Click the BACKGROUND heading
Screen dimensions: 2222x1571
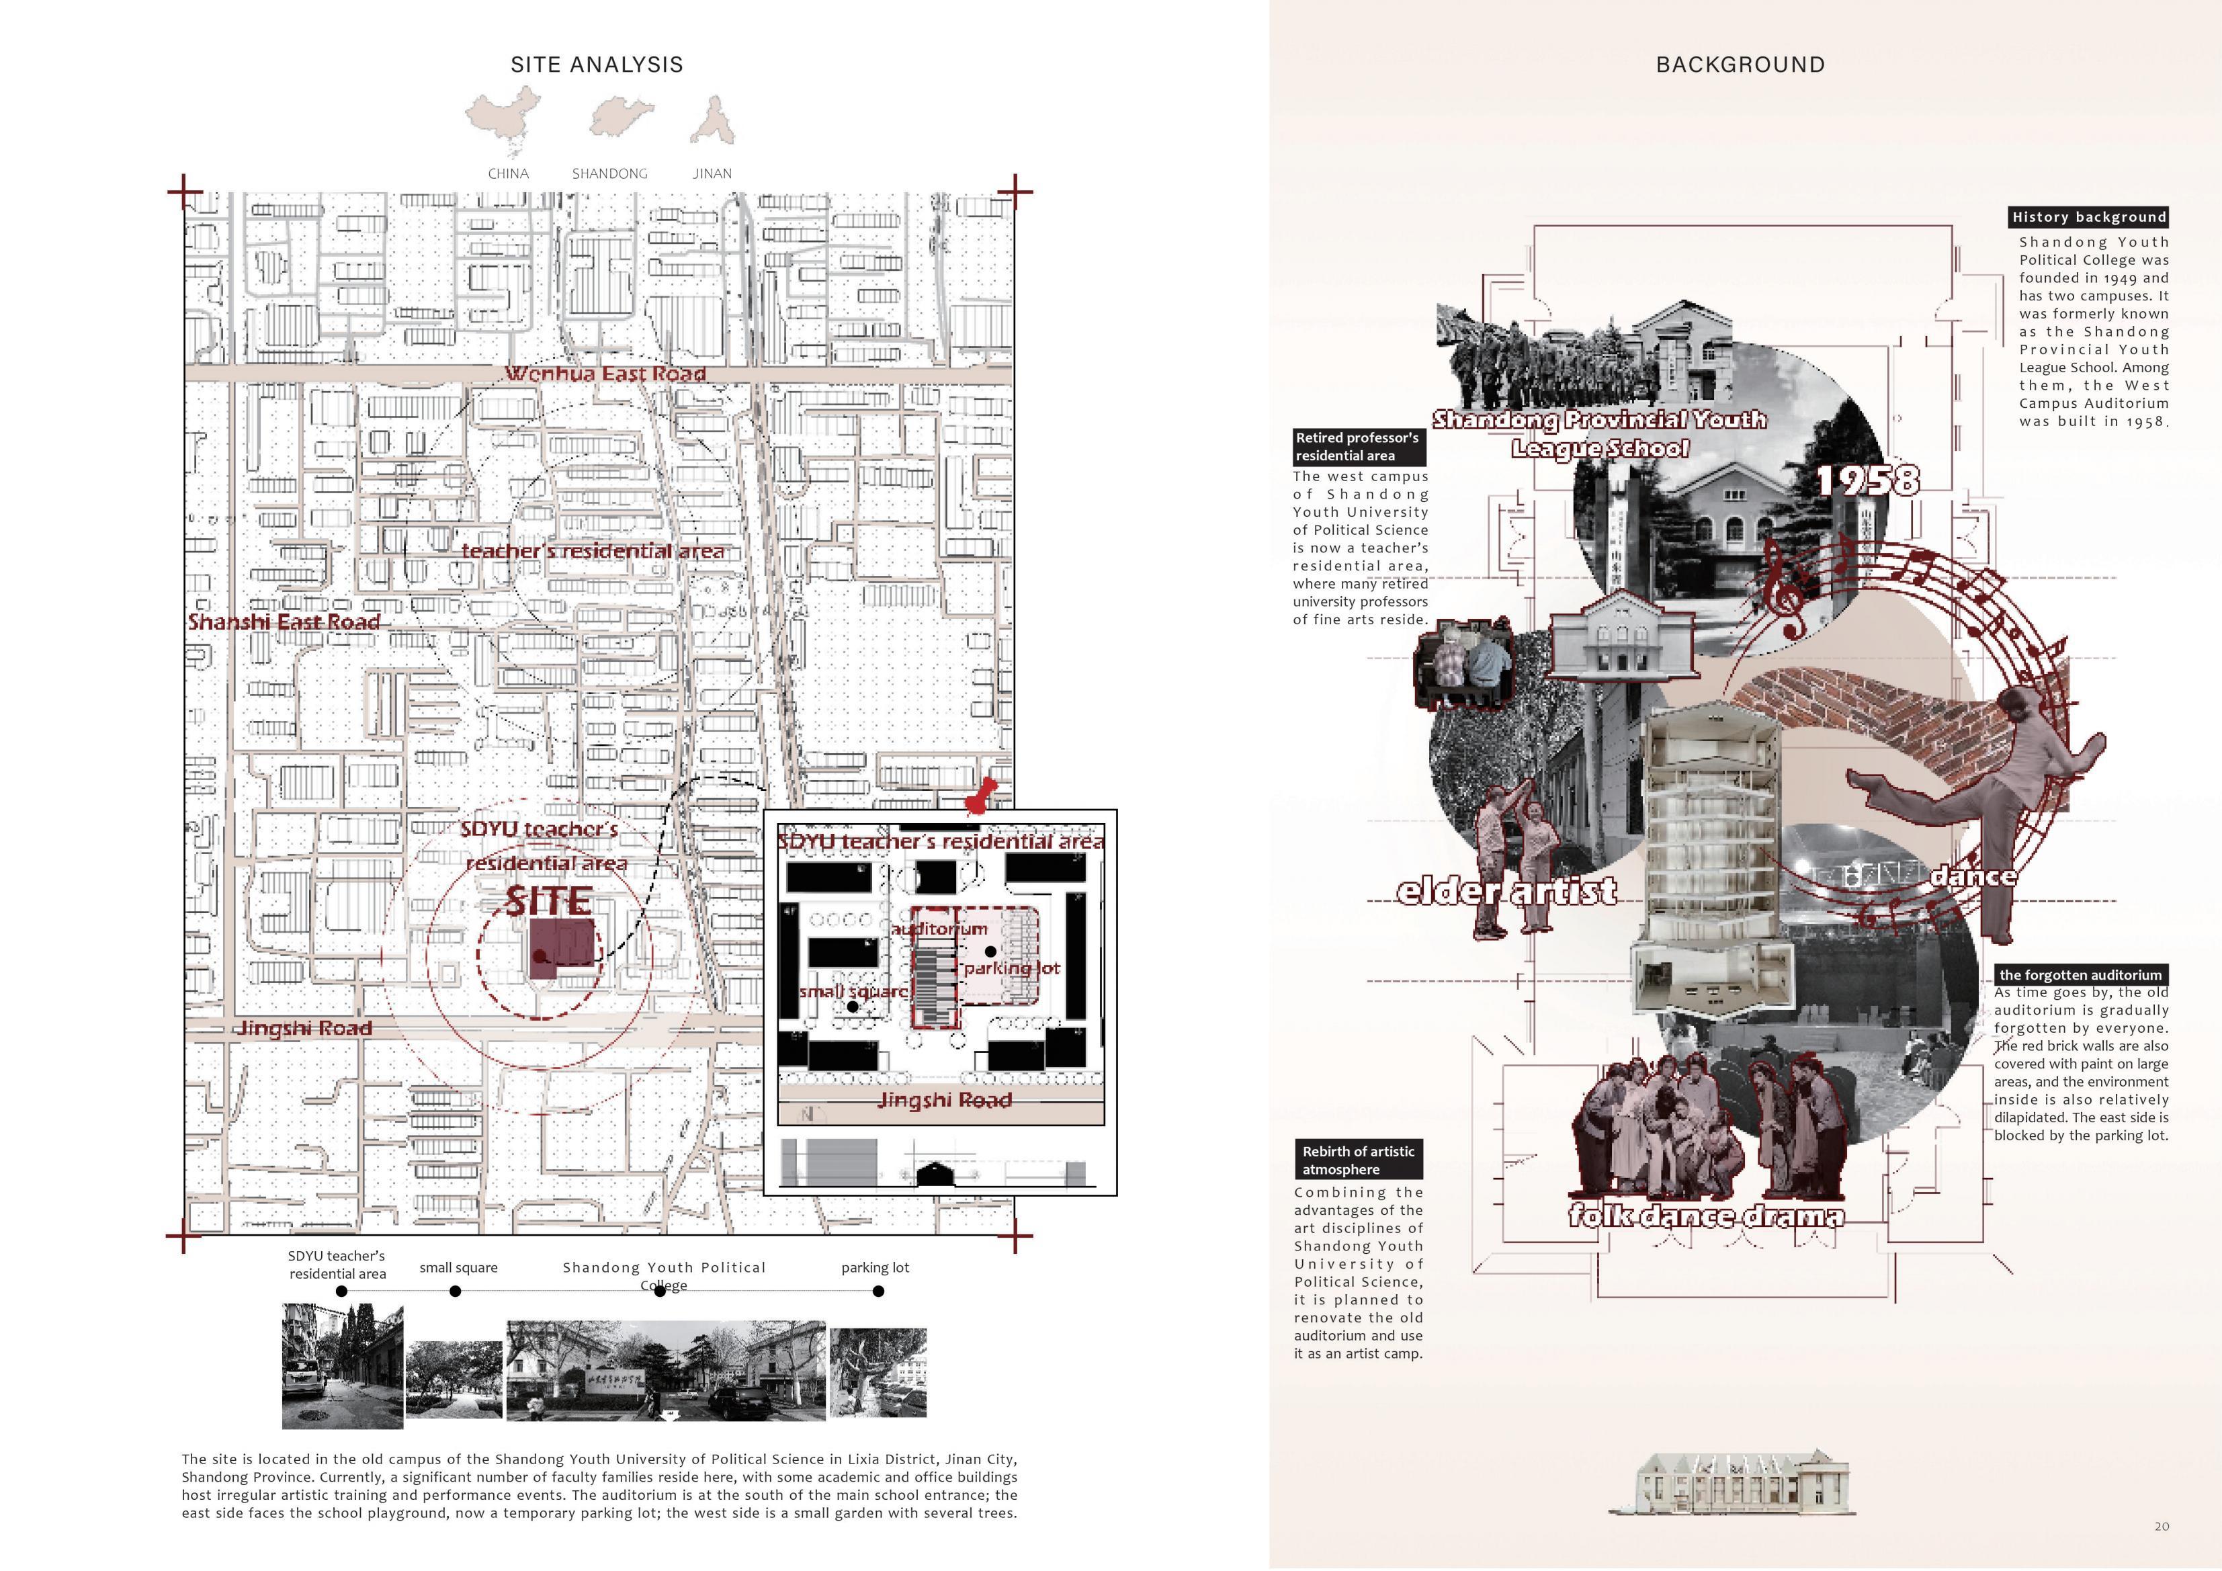pos(1740,65)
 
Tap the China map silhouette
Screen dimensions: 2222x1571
pos(503,118)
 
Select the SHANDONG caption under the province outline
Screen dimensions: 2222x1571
pos(609,173)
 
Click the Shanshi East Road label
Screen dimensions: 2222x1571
pos(284,622)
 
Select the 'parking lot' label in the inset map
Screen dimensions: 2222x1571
pos(1011,968)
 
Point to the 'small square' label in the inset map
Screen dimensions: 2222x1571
pos(853,991)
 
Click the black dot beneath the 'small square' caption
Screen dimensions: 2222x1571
pos(456,1290)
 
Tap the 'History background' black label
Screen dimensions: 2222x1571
pos(2088,217)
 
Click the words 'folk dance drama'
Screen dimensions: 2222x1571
pos(1706,1216)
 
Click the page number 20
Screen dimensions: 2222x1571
pos(2161,1527)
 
